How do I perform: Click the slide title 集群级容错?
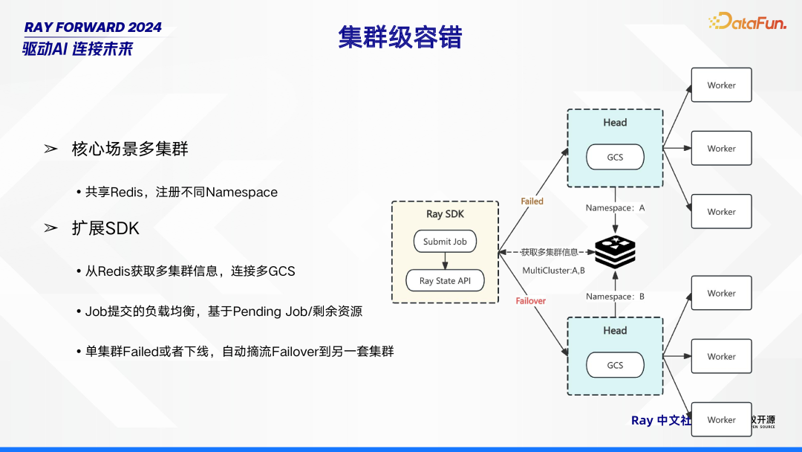pyautogui.click(x=400, y=37)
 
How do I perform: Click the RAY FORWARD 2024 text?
pyautogui.click(x=93, y=28)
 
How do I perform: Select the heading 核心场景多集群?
pyautogui.click(x=130, y=149)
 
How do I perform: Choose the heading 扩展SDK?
pyautogui.click(x=105, y=228)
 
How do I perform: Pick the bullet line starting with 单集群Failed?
pyautogui.click(x=238, y=351)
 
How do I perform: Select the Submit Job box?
pyautogui.click(x=445, y=242)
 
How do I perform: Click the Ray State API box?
pyautogui.click(x=446, y=281)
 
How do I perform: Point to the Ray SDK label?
pyautogui.click(x=445, y=214)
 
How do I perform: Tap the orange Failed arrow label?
pyautogui.click(x=532, y=201)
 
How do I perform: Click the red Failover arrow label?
pyautogui.click(x=531, y=301)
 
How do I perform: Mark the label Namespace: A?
pyautogui.click(x=615, y=208)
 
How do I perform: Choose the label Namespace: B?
pyautogui.click(x=615, y=297)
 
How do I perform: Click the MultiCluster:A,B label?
pyautogui.click(x=553, y=271)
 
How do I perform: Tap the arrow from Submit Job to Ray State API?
pyautogui.click(x=445, y=260)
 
